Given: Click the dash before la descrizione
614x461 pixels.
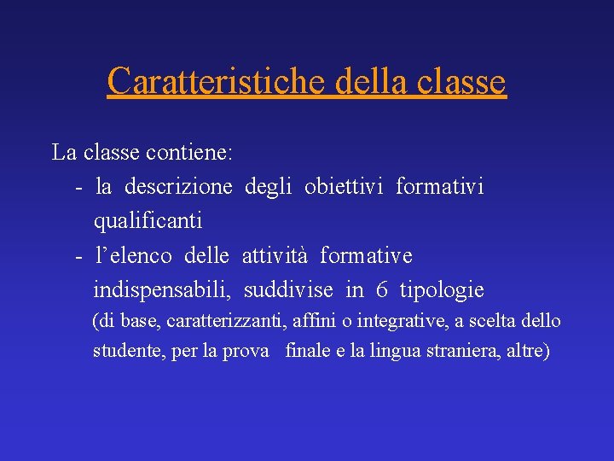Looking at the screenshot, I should tap(78, 187).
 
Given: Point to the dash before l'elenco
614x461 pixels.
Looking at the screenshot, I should tap(78, 255).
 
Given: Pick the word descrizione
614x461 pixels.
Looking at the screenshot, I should tap(177, 187).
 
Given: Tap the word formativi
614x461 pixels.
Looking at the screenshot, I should tap(439, 187).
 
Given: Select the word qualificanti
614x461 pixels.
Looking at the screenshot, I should tap(148, 221).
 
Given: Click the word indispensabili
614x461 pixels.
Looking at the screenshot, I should tap(161, 290).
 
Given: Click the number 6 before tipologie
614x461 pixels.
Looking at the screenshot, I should tap(382, 290).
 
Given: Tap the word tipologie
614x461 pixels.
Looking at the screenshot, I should tap(442, 290).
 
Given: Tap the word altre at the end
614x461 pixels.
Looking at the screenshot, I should tap(527, 351).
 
